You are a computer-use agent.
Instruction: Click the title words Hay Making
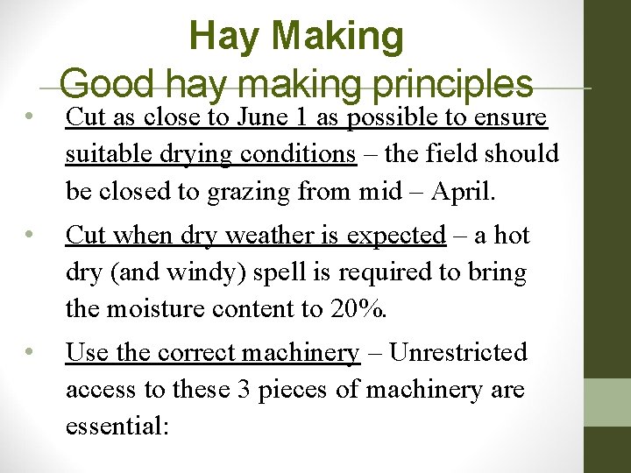[296, 36]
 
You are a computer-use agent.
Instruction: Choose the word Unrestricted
[457, 353]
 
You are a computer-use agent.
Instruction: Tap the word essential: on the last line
[117, 427]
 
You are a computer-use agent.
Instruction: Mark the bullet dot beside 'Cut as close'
[29, 116]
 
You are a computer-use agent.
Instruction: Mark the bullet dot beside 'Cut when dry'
[29, 235]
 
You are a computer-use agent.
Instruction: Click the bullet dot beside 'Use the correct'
[29, 352]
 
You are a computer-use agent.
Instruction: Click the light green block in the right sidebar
[607, 402]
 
